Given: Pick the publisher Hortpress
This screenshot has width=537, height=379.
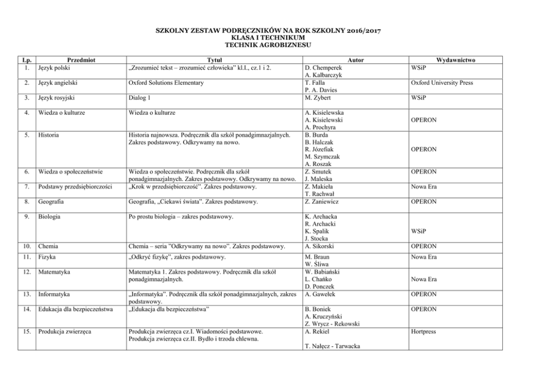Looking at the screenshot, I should (x=423, y=331).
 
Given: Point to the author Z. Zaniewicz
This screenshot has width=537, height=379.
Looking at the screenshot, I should (x=324, y=202).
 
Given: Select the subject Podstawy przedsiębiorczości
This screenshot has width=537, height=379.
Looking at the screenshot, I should (x=75, y=187).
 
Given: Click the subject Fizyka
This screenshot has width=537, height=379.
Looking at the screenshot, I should (x=48, y=257).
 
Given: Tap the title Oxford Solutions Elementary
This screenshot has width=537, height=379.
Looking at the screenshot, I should (x=166, y=83).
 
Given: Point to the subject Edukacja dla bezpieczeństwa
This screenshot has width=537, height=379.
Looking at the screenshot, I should (x=75, y=309).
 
